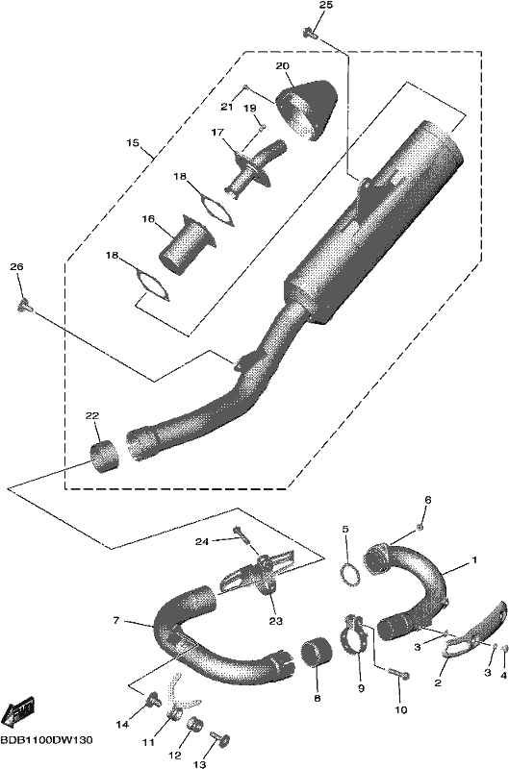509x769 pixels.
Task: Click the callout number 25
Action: pyautogui.click(x=326, y=6)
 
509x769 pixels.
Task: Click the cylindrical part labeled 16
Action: pyautogui.click(x=186, y=244)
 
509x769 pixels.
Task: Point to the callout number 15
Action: pyautogui.click(x=132, y=142)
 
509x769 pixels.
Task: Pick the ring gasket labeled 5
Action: pyautogui.click(x=349, y=574)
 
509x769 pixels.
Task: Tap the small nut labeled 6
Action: pyautogui.click(x=420, y=527)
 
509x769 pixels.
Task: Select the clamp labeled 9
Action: pyautogui.click(x=354, y=634)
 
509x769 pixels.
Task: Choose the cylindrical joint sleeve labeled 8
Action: pyautogui.click(x=316, y=658)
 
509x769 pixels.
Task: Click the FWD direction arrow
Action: pyautogui.click(x=19, y=711)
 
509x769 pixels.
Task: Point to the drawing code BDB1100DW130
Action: pyautogui.click(x=46, y=740)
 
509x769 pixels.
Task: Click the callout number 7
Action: pyautogui.click(x=116, y=620)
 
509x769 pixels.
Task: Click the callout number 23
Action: pyautogui.click(x=276, y=621)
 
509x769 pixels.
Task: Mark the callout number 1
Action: pyautogui.click(x=474, y=559)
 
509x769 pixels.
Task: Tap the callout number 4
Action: pyautogui.click(x=503, y=676)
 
